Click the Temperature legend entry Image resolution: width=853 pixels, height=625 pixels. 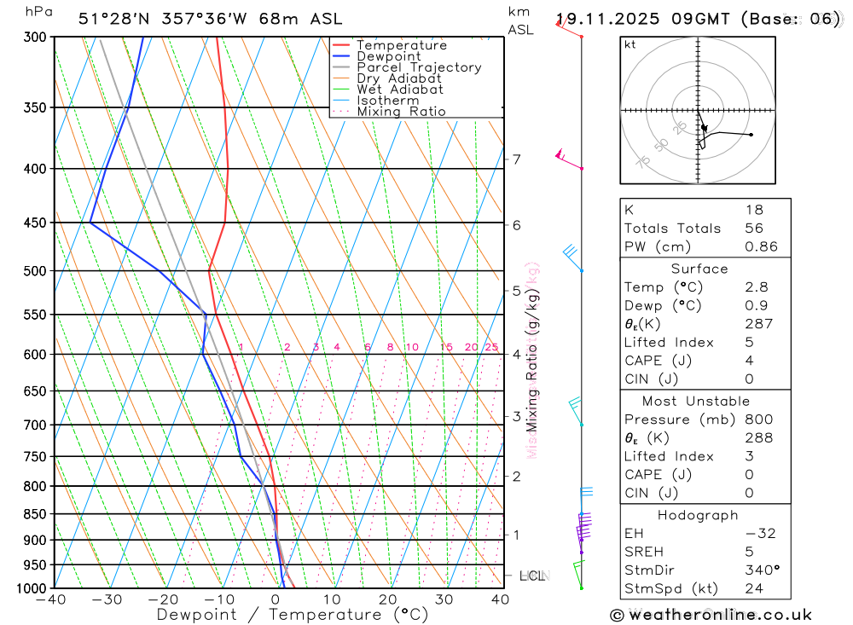401,45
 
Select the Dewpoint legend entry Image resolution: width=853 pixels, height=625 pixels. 388,56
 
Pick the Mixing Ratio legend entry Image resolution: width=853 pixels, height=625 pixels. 401,112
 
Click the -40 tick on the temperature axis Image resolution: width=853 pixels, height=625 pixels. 51,599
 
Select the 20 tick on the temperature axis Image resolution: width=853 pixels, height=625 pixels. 388,599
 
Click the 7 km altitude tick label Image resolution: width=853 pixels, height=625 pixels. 516,159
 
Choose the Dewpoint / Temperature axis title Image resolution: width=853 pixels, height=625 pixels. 293,614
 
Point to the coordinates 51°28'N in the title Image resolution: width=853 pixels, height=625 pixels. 114,18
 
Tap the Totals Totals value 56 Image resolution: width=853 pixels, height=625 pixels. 753,229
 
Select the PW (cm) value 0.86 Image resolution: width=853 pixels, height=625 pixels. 761,247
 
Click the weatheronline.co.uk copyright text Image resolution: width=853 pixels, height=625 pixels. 711,615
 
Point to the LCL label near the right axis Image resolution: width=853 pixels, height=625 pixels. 531,576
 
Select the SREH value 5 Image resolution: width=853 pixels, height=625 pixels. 748,552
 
